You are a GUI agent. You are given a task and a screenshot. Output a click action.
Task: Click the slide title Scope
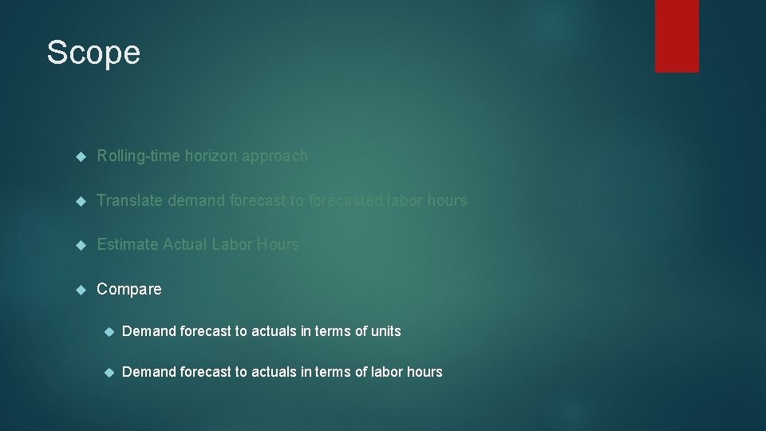[93, 53]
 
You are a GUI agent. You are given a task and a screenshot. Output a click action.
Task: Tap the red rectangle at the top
[677, 36]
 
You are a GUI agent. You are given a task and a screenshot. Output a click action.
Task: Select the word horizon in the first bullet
[211, 156]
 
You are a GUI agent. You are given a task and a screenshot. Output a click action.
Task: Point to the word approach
[275, 156]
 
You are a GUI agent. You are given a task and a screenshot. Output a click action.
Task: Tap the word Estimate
[128, 244]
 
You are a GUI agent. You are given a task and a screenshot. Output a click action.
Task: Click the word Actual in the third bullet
[184, 244]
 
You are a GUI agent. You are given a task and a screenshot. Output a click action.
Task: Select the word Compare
[129, 289]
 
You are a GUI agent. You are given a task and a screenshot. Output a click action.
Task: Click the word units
[385, 330]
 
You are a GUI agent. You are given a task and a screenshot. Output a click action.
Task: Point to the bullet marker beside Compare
[80, 289]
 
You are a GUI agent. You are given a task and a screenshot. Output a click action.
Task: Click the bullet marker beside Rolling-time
[80, 156]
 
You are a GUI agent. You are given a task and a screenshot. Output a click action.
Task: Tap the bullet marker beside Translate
[80, 200]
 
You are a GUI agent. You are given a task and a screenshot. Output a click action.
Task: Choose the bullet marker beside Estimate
[80, 245]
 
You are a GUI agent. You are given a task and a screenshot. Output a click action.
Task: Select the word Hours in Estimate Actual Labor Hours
[278, 244]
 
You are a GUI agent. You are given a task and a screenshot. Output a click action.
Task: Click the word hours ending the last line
[424, 372]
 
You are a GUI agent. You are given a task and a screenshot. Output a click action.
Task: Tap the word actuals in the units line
[274, 330]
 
